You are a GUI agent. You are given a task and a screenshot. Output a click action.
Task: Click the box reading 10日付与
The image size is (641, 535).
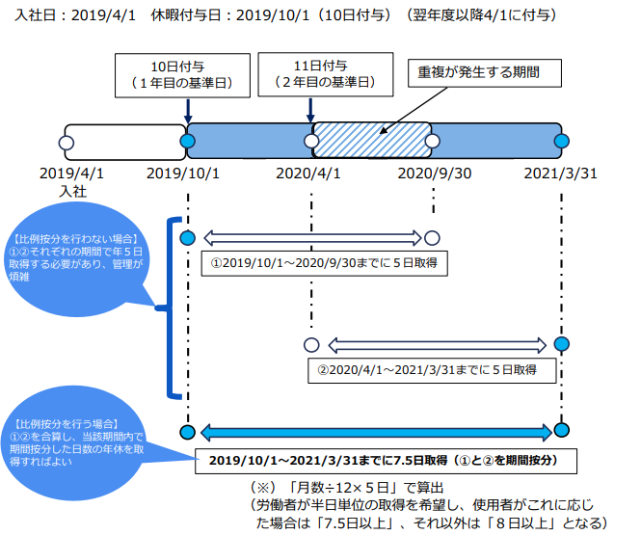click(x=183, y=75)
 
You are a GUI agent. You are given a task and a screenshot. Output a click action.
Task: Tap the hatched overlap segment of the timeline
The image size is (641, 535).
click(x=371, y=142)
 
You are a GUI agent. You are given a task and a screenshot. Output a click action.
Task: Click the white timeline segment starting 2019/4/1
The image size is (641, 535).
click(x=123, y=142)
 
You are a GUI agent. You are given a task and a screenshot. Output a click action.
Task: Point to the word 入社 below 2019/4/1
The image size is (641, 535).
click(x=72, y=192)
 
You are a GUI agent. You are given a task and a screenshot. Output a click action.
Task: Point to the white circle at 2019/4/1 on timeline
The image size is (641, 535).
click(x=66, y=143)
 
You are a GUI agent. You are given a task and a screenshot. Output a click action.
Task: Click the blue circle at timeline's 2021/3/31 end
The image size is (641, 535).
click(x=563, y=143)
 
